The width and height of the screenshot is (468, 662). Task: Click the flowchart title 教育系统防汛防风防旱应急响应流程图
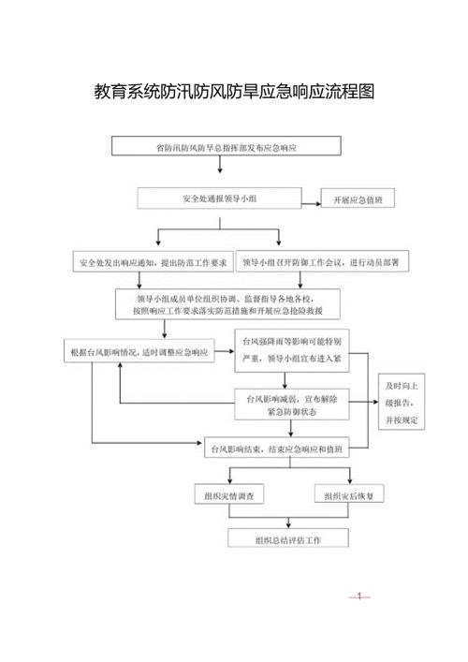coord(235,92)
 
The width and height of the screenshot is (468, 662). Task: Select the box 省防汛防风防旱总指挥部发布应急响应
coord(220,147)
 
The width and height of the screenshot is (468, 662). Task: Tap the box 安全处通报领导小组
coord(220,199)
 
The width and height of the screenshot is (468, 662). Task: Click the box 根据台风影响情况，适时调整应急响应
coord(139,353)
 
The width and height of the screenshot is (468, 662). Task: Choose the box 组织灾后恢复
coord(350,494)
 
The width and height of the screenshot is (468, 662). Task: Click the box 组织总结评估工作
coord(288,539)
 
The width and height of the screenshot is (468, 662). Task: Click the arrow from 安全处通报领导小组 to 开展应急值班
coord(312,199)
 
